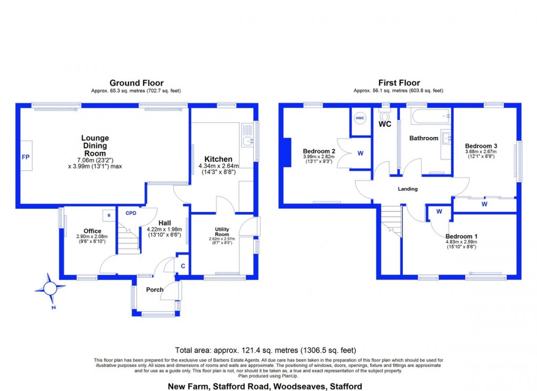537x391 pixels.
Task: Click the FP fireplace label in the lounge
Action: click(x=25, y=157)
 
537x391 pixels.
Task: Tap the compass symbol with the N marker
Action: click(x=50, y=288)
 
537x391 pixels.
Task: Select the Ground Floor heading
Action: click(x=136, y=83)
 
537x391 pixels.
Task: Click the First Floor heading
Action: click(x=399, y=83)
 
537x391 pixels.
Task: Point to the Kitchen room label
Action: click(x=218, y=159)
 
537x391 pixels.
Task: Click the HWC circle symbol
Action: click(x=360, y=119)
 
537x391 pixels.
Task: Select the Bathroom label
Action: click(x=424, y=138)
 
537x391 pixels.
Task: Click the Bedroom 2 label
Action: click(x=319, y=150)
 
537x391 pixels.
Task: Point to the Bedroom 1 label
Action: click(x=462, y=236)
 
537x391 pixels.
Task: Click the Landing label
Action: click(x=407, y=189)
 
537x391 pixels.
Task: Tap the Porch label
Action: click(x=155, y=289)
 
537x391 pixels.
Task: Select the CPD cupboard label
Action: click(x=131, y=213)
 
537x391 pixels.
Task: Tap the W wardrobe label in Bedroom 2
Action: click(x=361, y=153)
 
